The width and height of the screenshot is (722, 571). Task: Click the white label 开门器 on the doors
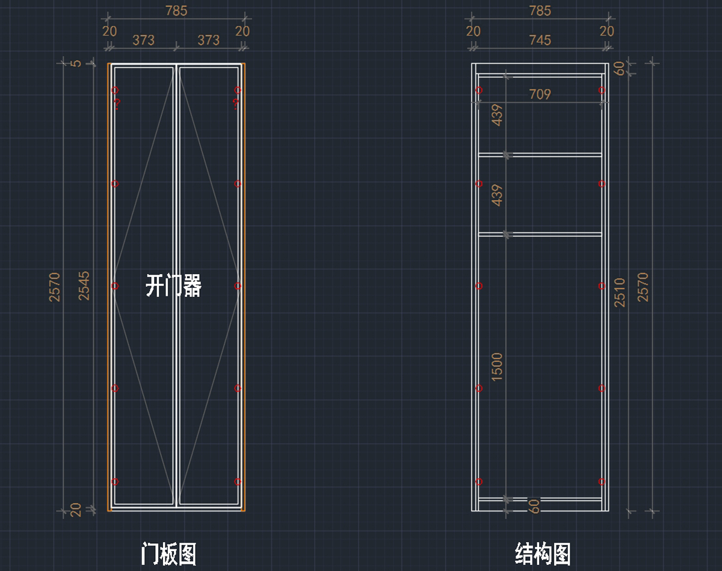173,285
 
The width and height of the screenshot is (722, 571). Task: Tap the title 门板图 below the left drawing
169,554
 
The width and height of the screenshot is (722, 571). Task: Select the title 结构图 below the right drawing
543,554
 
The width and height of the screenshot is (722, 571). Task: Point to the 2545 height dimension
84,285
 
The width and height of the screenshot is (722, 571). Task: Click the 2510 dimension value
620,292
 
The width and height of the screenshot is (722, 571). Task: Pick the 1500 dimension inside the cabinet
497,366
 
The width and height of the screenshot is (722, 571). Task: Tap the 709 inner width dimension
540,95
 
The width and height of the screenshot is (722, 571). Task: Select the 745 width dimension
540,40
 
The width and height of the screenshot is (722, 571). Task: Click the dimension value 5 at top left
76,63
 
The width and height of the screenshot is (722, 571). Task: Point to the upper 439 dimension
497,115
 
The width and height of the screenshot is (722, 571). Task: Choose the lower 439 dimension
497,195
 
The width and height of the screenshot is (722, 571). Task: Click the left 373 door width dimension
143,40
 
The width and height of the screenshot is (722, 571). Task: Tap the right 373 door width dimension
209,40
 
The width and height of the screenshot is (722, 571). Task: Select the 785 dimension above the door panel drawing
176,11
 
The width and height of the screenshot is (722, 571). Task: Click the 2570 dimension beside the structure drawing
643,286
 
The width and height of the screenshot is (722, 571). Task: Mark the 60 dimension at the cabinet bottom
534,505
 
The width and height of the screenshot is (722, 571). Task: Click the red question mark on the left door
117,104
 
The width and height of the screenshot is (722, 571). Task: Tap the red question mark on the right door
236,104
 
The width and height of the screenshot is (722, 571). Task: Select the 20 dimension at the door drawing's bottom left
76,510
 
